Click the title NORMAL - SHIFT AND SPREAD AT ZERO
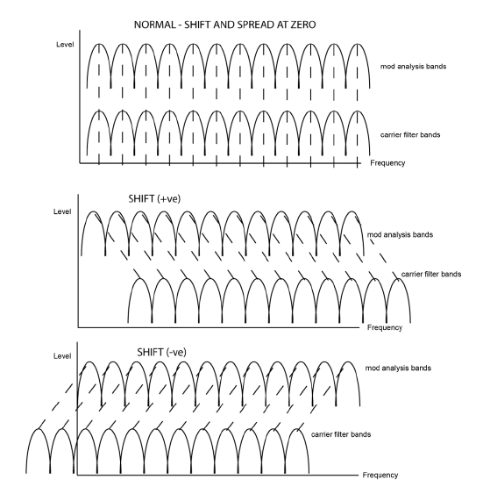pyautogui.click(x=224, y=25)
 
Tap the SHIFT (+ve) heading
pyautogui.click(x=154, y=199)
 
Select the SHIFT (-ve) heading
pyautogui.click(x=162, y=352)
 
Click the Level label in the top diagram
pyautogui.click(x=65, y=45)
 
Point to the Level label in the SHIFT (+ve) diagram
pyautogui.click(x=62, y=211)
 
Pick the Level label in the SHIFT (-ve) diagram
pyautogui.click(x=62, y=356)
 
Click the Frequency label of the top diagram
pyautogui.click(x=387, y=163)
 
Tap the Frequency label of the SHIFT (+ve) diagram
pyautogui.click(x=385, y=327)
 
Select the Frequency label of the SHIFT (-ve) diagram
pyautogui.click(x=380, y=476)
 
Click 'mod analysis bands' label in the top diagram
pyautogui.click(x=413, y=67)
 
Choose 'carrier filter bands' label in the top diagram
pyautogui.click(x=410, y=135)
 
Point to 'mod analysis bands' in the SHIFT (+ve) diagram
pyautogui.click(x=400, y=235)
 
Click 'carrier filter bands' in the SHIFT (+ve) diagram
pyautogui.click(x=431, y=274)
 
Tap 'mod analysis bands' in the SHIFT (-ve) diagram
pyautogui.click(x=398, y=369)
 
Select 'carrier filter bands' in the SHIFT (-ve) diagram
pyautogui.click(x=341, y=434)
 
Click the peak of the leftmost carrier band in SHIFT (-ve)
pyautogui.click(x=38, y=429)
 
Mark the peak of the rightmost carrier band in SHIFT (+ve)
pyautogui.click(x=398, y=279)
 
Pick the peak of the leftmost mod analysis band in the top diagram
pyautogui.click(x=99, y=44)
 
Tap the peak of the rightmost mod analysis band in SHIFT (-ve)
pyautogui.click(x=348, y=362)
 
